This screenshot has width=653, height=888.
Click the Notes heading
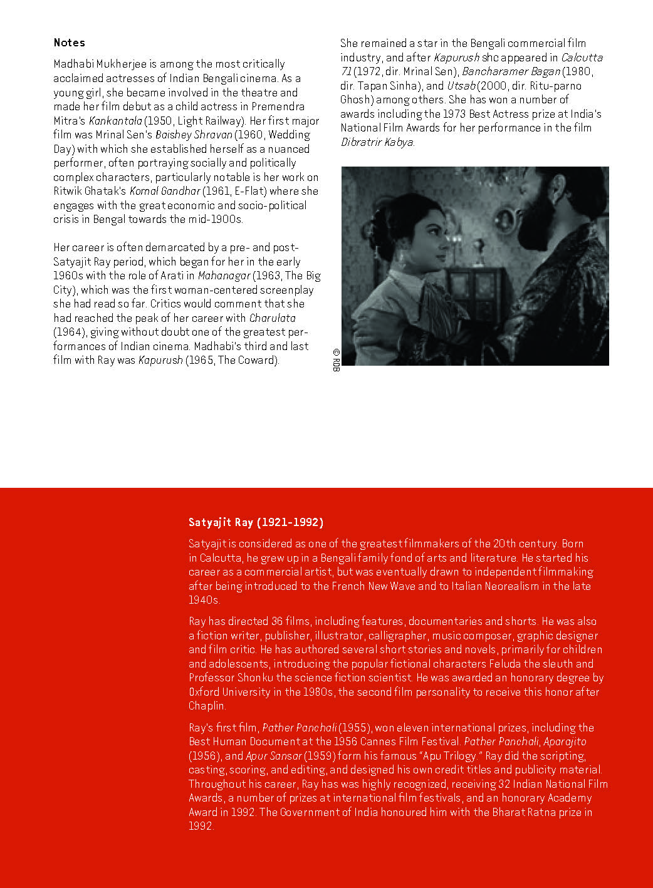click(69, 43)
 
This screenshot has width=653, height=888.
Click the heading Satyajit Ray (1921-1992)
click(256, 522)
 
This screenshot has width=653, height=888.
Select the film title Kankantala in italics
click(115, 121)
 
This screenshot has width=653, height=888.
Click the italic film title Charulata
click(272, 318)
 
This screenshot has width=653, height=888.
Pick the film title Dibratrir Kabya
click(377, 142)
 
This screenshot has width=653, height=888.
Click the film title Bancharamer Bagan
click(511, 71)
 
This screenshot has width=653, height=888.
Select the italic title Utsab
click(462, 86)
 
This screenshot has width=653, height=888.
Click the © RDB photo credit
click(336, 360)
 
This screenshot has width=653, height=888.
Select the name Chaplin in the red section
click(206, 706)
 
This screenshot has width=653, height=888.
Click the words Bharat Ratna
click(526, 812)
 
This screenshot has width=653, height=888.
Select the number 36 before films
click(277, 621)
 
